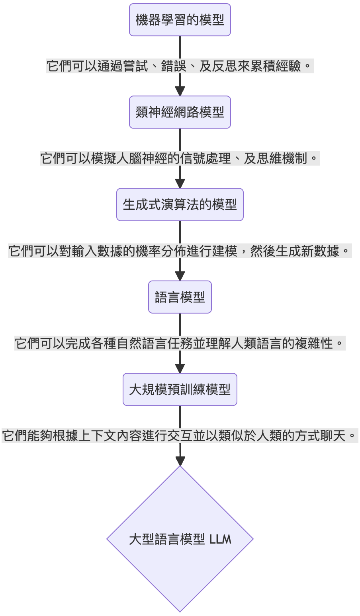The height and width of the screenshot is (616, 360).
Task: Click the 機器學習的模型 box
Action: point(180,20)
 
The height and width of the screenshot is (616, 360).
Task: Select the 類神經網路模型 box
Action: point(180,112)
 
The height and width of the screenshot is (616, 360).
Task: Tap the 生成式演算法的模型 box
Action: point(180,205)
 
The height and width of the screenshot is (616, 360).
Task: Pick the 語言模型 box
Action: point(180,297)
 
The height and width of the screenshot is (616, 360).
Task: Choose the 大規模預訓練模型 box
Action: point(180,389)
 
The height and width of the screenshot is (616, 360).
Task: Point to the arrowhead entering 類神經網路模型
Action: point(180,91)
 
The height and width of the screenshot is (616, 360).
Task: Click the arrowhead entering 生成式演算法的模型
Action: point(180,183)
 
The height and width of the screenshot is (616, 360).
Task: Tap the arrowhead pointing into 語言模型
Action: point(180,275)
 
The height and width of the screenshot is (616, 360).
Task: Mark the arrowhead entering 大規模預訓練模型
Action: point(180,368)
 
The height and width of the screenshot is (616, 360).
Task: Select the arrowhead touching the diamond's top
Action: point(180,460)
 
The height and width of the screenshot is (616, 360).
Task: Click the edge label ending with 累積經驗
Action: point(180,66)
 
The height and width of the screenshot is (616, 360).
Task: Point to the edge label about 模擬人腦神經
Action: point(180,158)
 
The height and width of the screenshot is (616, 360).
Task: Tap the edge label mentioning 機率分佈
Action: point(180,251)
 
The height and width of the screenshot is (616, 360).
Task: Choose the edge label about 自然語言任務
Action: point(180,343)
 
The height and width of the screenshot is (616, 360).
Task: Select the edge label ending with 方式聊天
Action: point(180,436)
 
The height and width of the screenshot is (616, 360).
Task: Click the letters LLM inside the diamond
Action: point(220,540)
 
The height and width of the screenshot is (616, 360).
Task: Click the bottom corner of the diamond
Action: point(180,610)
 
